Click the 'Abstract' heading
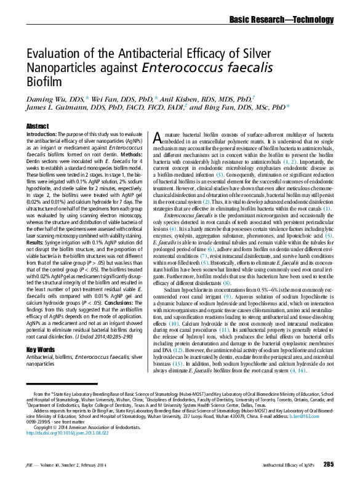(x=36, y=126)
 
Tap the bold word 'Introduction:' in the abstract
(x=42, y=134)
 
